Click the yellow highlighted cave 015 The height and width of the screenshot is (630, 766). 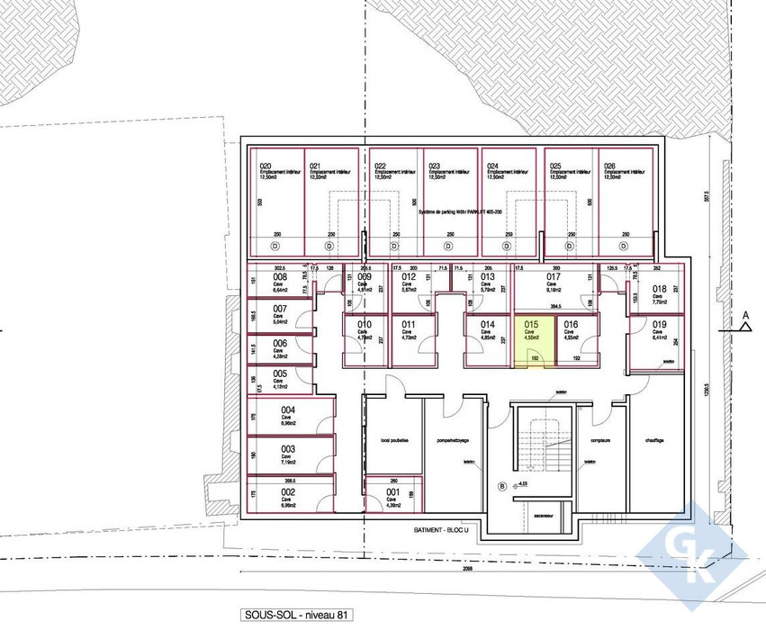tap(534, 343)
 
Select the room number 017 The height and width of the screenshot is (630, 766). tap(554, 277)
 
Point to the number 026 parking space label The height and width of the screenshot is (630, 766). tap(610, 166)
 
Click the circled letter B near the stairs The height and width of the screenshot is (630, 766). tap(502, 487)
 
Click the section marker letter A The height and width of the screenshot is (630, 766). tap(746, 314)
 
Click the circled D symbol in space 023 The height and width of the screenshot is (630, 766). tap(447, 246)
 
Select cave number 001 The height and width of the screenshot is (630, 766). tap(393, 492)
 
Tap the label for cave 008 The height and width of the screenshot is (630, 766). tap(279, 277)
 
